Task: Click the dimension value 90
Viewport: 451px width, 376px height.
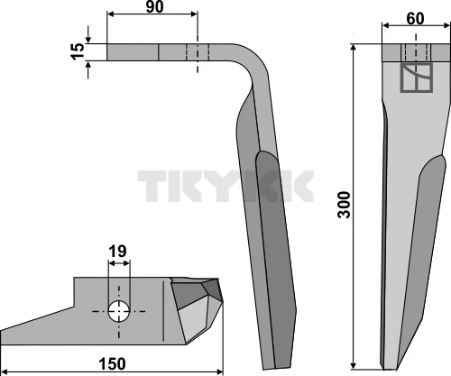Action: tap(154, 7)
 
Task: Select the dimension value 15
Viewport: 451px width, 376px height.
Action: tap(78, 51)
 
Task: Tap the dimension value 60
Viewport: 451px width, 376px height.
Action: tap(415, 19)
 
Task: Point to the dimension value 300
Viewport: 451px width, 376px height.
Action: tap(345, 205)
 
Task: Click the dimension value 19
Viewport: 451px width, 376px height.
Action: tap(117, 252)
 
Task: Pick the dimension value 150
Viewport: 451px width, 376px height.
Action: tap(112, 364)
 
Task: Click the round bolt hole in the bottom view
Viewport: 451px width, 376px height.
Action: tap(119, 311)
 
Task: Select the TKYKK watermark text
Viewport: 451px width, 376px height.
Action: tap(225, 186)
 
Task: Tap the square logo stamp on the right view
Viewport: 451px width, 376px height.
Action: tap(416, 78)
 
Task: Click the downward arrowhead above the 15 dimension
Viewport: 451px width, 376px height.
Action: tap(88, 40)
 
